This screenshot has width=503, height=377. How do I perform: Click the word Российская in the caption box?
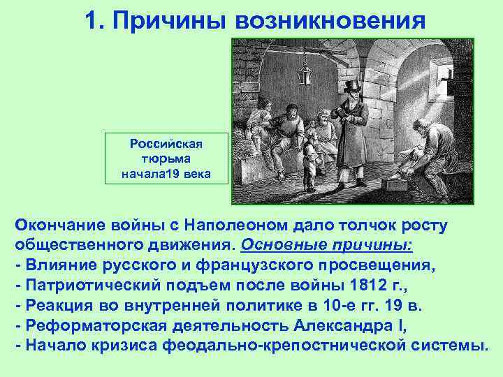click(166, 144)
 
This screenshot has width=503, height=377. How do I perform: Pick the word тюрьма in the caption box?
click(166, 158)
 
